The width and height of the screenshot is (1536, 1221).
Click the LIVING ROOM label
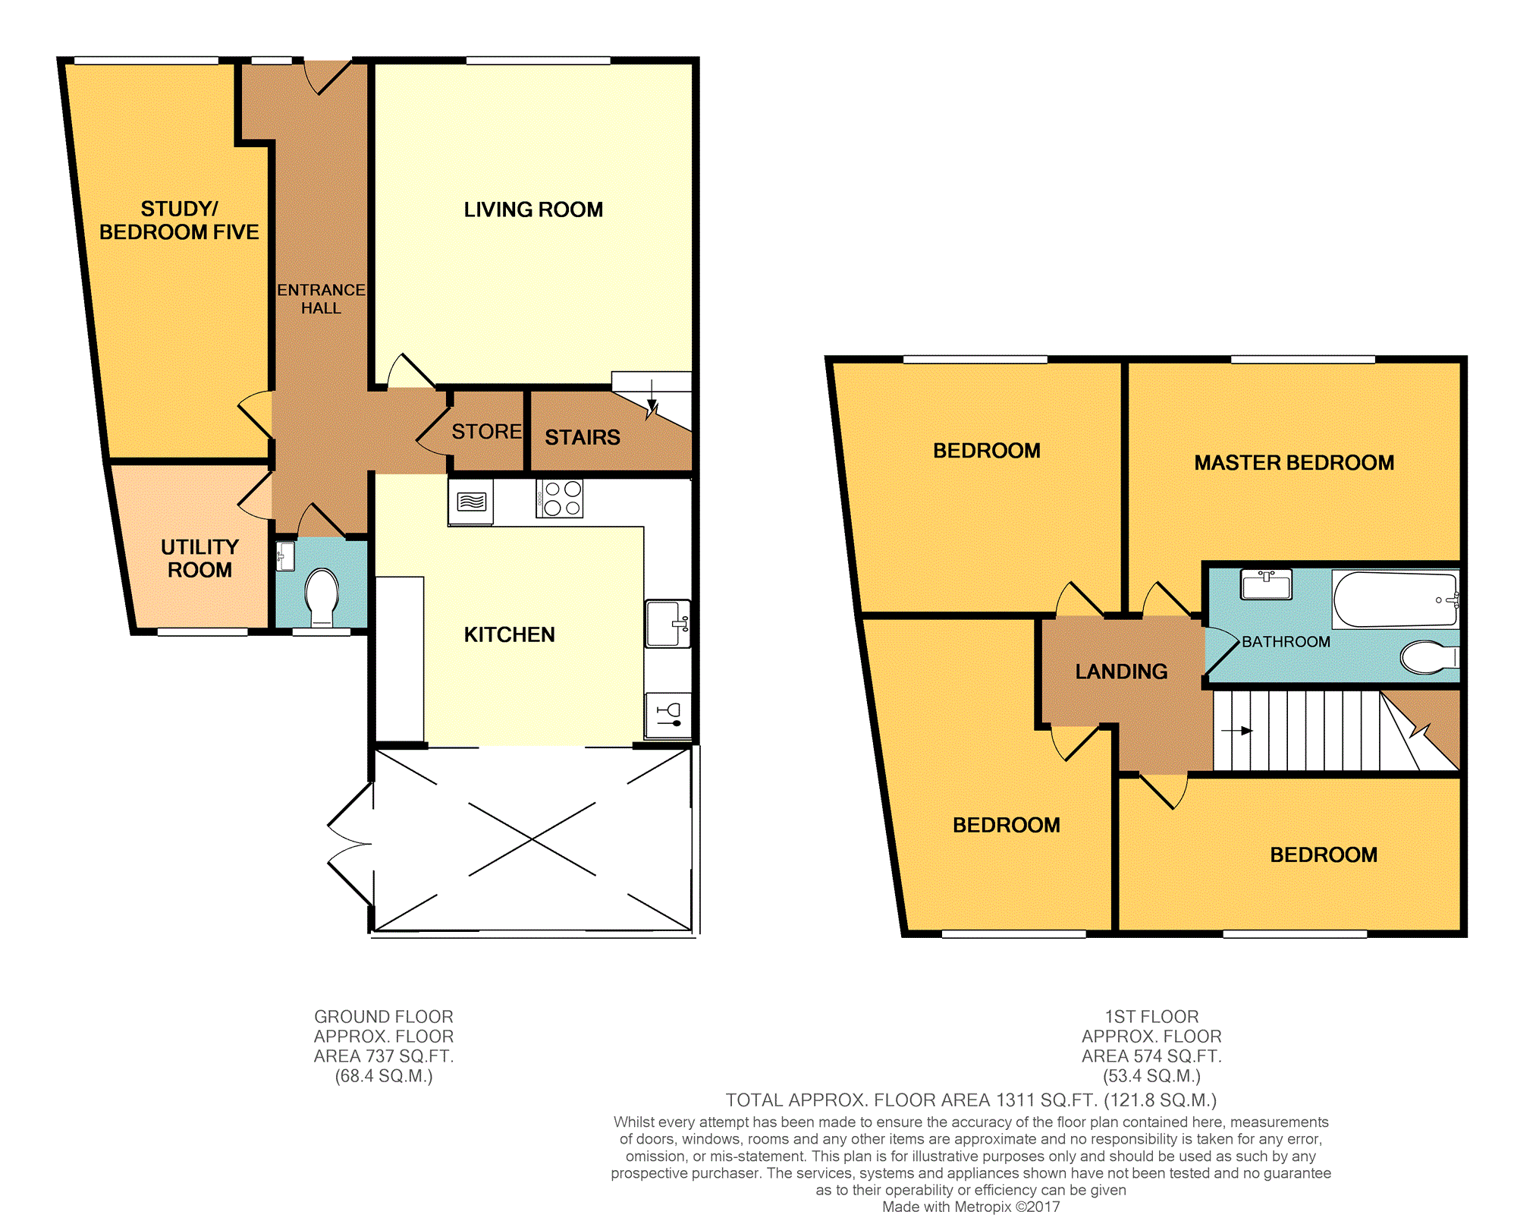coord(533,209)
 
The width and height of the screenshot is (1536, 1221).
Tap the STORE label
coord(487,432)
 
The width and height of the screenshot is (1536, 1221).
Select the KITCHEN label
coord(510,634)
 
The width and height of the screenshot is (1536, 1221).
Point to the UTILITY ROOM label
coord(199,559)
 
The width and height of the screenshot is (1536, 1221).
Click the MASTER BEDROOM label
coord(1294,463)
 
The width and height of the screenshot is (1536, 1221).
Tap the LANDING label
coord(1121,672)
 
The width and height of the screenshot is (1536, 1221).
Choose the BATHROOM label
coord(1286,642)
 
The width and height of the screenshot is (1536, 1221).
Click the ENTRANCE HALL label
coord(321,299)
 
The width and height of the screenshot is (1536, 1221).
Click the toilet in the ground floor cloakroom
coord(322,596)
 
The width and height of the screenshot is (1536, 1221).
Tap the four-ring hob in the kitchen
coord(560,499)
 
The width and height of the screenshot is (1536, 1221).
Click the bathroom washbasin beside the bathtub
coord(1266,584)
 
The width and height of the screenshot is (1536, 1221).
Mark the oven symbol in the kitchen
coord(471,502)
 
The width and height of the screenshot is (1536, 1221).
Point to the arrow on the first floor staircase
coord(1236,731)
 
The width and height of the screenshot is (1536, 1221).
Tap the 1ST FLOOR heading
coord(1151,1017)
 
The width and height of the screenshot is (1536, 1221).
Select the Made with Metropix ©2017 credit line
coord(971,1207)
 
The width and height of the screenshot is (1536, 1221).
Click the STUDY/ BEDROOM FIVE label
coord(179,220)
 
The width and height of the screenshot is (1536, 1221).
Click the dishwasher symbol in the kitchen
coord(668,716)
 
